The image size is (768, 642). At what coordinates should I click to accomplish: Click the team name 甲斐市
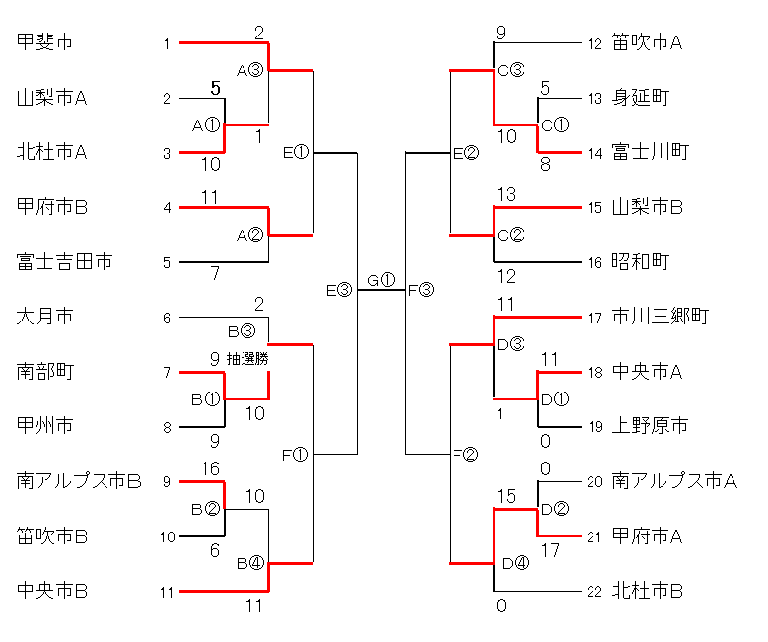click(45, 41)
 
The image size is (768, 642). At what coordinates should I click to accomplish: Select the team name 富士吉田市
click(64, 261)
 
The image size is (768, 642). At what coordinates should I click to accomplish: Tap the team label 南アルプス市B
click(80, 481)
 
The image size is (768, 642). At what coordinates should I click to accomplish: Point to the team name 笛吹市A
click(648, 41)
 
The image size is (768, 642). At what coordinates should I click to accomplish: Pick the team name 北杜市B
click(648, 591)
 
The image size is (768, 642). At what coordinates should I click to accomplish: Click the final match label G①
click(381, 280)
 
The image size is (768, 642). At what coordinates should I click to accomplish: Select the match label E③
click(338, 290)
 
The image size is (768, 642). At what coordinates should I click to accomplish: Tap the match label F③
click(420, 290)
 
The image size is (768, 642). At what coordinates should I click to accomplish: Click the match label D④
click(515, 564)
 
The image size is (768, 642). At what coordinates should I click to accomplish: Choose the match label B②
click(206, 509)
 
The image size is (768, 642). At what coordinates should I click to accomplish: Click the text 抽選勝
click(247, 359)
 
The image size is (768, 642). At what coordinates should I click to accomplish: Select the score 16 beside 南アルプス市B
click(210, 468)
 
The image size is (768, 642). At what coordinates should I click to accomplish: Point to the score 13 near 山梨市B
click(506, 194)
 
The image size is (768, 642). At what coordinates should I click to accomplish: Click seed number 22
click(593, 592)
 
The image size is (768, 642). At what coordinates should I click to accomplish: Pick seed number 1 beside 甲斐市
click(168, 43)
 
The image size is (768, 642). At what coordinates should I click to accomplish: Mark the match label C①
click(556, 125)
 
